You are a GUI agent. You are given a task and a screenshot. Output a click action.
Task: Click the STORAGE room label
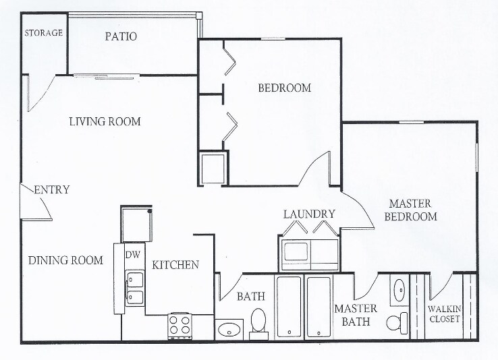44,32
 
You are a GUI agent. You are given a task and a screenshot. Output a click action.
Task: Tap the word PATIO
121,36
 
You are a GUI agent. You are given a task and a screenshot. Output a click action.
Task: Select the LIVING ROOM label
105,121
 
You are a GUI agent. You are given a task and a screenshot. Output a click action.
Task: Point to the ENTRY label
52,189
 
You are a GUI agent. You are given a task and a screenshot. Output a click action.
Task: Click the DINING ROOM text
65,260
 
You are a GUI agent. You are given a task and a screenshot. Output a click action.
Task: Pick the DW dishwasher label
133,254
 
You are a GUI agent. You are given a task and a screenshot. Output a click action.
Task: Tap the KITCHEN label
175,265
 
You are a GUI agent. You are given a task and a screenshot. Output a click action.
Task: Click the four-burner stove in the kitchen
179,325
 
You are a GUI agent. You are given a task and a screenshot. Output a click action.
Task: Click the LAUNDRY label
309,214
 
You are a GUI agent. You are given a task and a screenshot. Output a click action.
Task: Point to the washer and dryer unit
310,255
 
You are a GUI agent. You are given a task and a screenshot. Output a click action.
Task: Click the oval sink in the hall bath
229,330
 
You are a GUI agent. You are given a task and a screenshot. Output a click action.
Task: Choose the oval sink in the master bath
399,290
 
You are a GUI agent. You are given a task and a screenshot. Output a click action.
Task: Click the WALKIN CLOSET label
444,313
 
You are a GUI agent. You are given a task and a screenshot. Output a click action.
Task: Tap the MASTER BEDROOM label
410,210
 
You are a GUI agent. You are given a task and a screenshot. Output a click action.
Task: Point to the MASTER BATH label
356,315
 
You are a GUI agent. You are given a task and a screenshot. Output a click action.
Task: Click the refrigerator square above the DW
136,223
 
